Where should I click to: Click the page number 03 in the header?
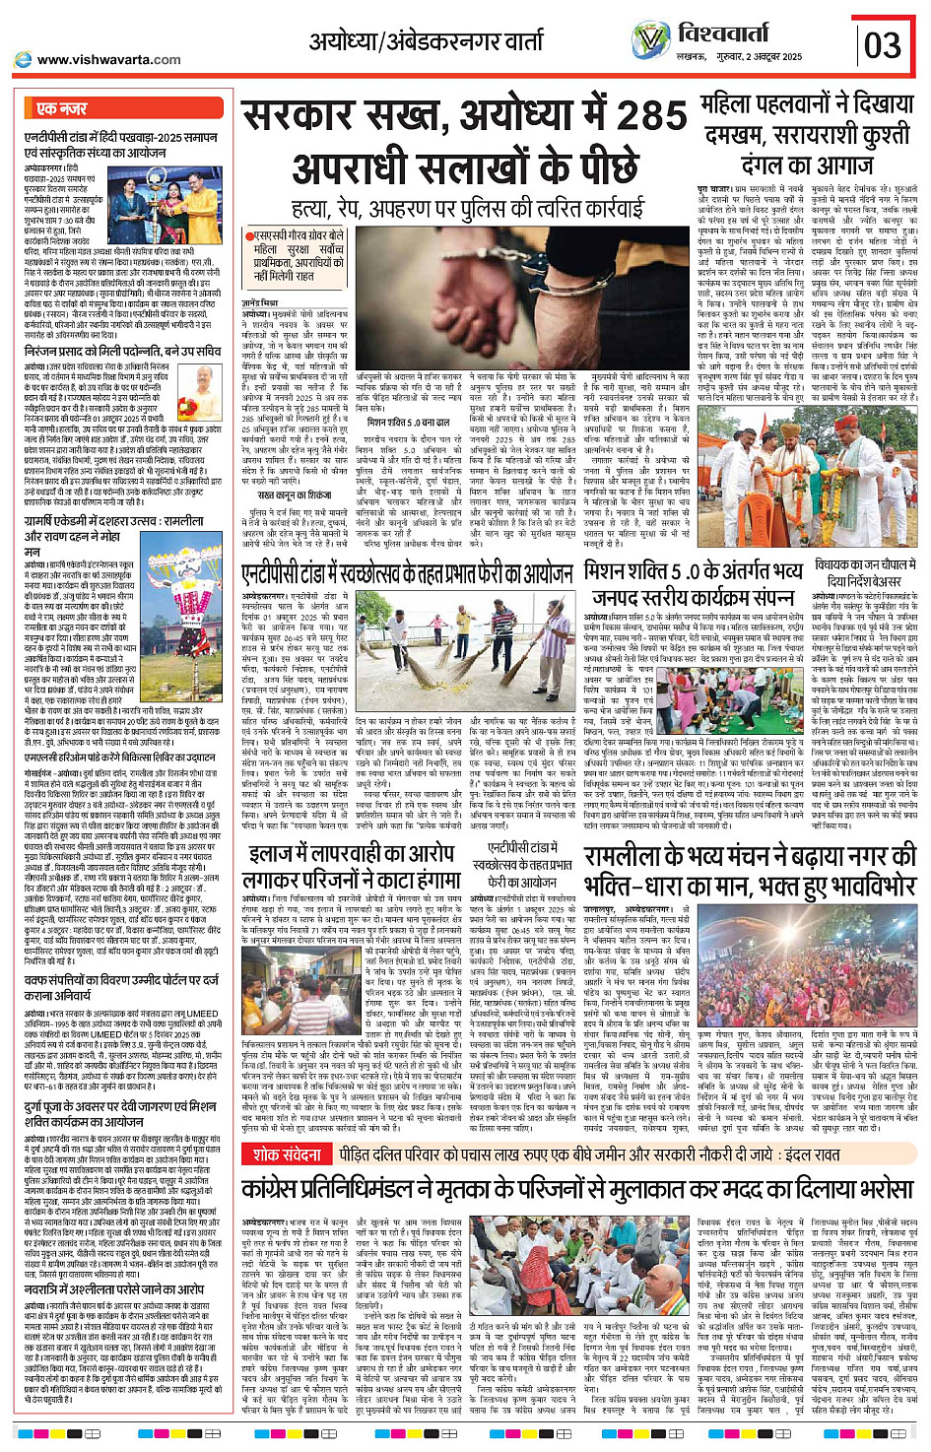(x=883, y=43)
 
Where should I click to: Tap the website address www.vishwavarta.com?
(x=108, y=59)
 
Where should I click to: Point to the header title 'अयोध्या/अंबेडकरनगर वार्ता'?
(x=425, y=41)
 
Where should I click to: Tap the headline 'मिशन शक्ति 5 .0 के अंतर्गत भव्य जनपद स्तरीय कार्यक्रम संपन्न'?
(x=695, y=585)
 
